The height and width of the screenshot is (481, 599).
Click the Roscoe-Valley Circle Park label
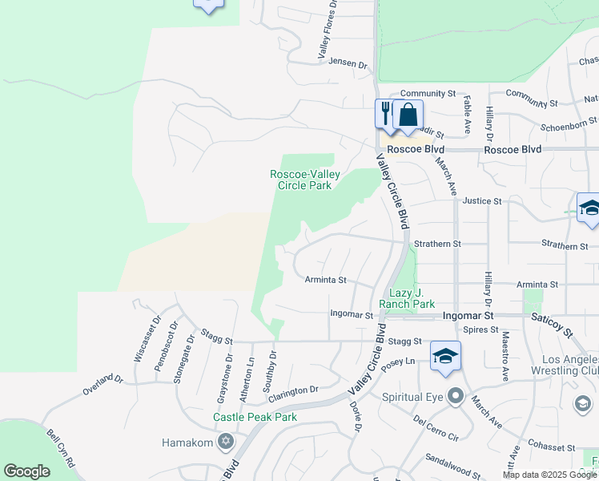304,180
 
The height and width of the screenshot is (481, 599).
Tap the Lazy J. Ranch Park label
412,298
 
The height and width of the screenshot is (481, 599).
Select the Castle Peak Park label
255,417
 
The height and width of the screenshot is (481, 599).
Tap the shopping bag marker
408,114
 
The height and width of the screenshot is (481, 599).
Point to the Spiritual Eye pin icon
456,396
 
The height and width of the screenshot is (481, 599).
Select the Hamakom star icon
225,442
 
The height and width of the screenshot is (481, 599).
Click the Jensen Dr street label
347,63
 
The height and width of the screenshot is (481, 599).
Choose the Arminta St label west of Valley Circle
325,281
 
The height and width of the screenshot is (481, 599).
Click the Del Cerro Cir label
436,427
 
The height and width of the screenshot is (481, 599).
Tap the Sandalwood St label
452,461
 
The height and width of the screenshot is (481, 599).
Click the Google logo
26,471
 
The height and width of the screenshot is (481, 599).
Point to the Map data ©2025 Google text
549,475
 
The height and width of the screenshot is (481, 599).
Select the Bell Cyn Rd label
61,450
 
